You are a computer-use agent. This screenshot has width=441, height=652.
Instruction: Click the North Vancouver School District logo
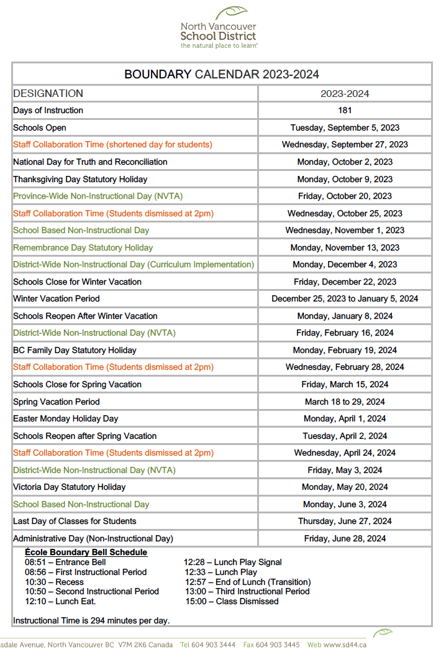click(219, 28)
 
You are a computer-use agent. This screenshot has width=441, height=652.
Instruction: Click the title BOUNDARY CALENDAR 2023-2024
click(221, 75)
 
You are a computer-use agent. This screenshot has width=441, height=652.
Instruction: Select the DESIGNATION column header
click(48, 94)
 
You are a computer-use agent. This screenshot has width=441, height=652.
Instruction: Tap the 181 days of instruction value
click(345, 111)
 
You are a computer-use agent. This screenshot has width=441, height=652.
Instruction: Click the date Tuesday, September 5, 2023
click(345, 128)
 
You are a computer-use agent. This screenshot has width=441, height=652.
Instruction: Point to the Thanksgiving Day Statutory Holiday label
click(80, 179)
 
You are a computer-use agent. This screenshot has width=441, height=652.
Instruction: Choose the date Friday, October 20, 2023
click(345, 196)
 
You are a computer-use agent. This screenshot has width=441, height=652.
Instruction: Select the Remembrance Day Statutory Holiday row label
click(83, 247)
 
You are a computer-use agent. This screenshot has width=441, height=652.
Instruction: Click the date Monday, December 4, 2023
click(345, 265)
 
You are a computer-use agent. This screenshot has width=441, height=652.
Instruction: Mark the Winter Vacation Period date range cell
click(345, 299)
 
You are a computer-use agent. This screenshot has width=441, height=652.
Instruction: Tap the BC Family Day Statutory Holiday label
click(75, 350)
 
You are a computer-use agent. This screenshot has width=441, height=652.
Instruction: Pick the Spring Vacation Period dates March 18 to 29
click(345, 402)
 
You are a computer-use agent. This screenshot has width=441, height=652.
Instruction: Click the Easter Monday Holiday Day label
click(65, 419)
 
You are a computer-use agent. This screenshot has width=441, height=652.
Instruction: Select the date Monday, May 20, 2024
click(345, 487)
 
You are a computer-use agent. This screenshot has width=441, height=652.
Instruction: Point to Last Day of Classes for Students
click(75, 521)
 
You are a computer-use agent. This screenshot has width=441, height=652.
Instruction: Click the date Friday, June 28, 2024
click(345, 538)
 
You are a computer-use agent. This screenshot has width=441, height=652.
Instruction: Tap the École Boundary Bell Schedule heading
click(86, 552)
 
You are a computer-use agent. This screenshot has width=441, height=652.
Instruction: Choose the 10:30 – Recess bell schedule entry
click(54, 582)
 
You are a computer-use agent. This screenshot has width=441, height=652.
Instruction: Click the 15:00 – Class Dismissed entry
click(232, 602)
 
